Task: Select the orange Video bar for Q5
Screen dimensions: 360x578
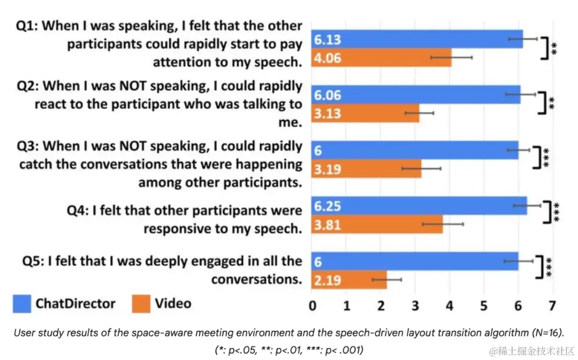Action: pos(349,280)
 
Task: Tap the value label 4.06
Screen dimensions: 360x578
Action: pos(328,58)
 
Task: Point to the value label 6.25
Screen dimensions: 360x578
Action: pos(328,206)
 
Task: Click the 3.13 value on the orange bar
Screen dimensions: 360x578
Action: pos(328,113)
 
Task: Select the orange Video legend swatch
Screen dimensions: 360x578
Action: pos(141,304)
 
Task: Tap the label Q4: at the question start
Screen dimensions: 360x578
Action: pos(78,211)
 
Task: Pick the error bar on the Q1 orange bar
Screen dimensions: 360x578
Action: pos(451,56)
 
